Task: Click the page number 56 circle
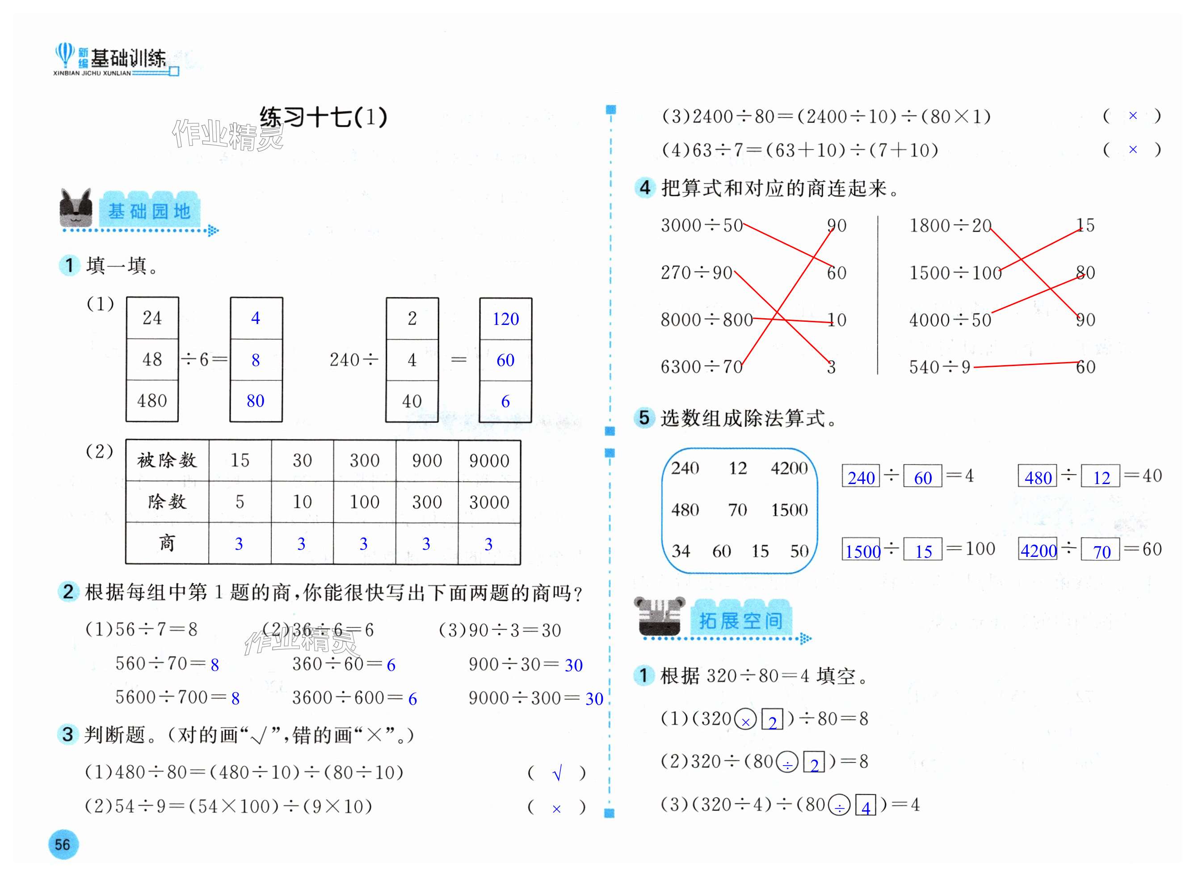pyautogui.click(x=63, y=844)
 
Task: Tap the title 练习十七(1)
pyautogui.click(x=323, y=117)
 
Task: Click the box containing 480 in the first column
pyautogui.click(x=152, y=401)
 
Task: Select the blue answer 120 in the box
pyautogui.click(x=505, y=319)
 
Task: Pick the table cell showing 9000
pyautogui.click(x=489, y=460)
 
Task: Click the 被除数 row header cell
pyautogui.click(x=167, y=460)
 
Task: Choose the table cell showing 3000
pyautogui.click(x=489, y=501)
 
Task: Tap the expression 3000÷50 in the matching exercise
pyautogui.click(x=702, y=225)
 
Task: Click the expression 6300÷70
pyautogui.click(x=701, y=367)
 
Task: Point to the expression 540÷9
pyautogui.click(x=939, y=367)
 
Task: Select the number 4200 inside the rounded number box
pyautogui.click(x=789, y=468)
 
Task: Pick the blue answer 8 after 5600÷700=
pyautogui.click(x=235, y=699)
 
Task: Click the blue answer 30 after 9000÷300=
pyautogui.click(x=594, y=699)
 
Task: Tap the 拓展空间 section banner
pyautogui.click(x=741, y=620)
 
